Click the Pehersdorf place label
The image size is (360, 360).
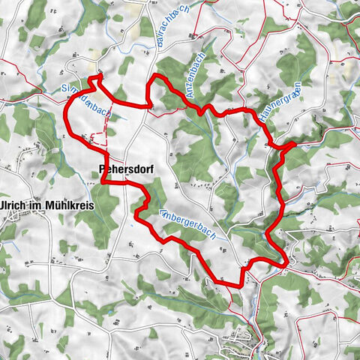125,170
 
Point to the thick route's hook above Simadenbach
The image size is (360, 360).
97,77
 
